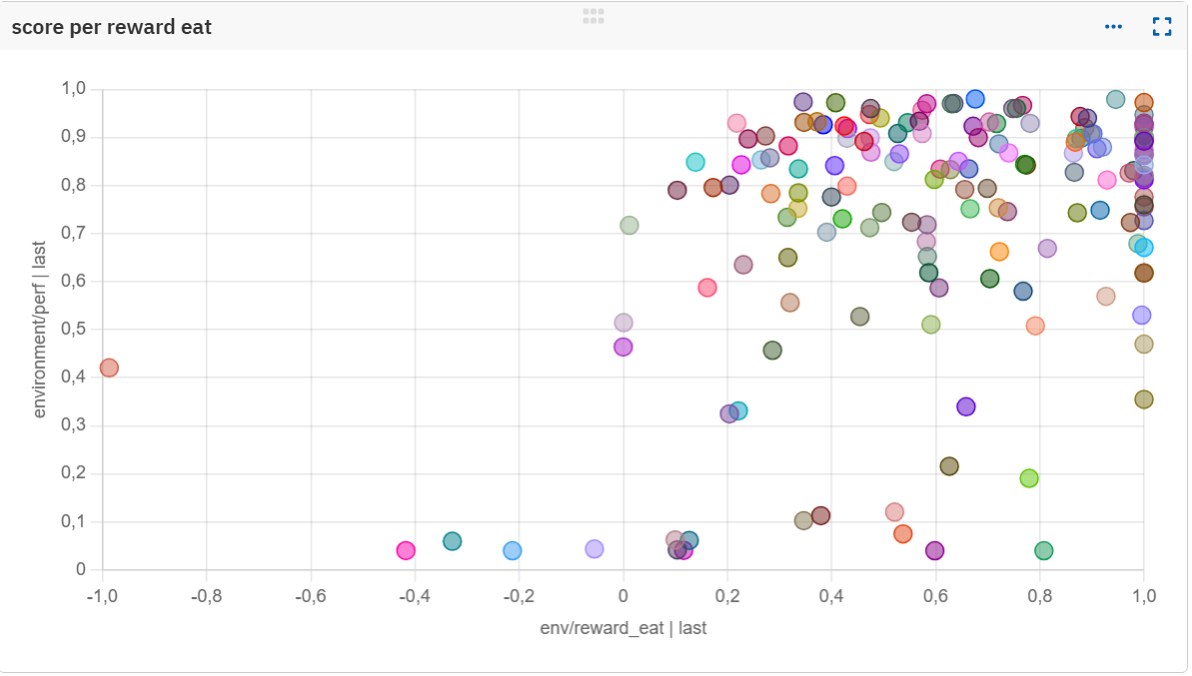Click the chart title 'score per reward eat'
112,27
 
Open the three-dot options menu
1113,27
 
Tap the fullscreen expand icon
1162,27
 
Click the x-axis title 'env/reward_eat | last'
622,628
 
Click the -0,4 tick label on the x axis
415,596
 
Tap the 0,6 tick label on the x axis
935,596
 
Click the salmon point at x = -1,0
109,368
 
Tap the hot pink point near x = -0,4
406,551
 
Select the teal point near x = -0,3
453,541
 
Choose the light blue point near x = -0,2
513,551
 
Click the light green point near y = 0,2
1029,478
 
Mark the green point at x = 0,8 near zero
1044,551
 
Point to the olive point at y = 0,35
1144,399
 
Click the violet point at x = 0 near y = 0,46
623,347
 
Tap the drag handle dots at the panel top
594,16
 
